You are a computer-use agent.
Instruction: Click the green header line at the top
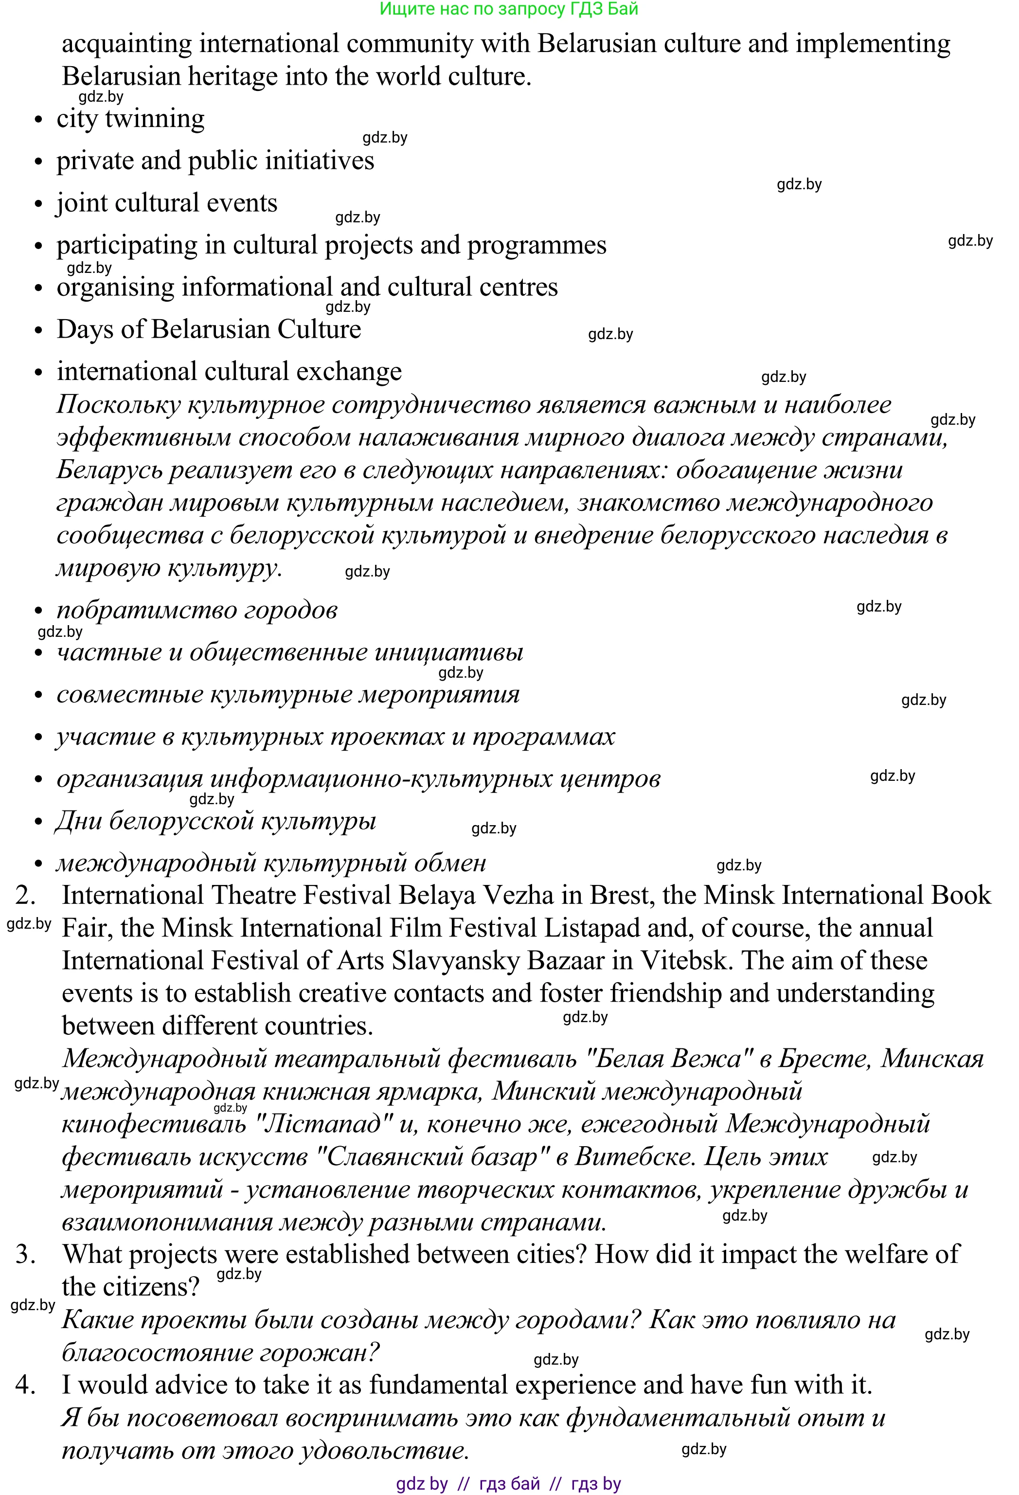[509, 9]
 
